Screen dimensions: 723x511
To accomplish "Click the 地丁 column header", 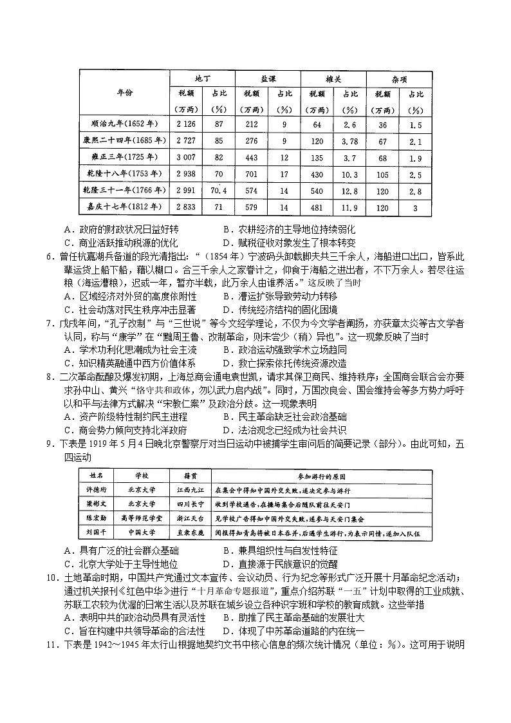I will (x=202, y=78).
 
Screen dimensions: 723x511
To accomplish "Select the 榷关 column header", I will (x=333, y=78).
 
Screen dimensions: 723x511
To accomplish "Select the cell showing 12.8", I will (x=349, y=191).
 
